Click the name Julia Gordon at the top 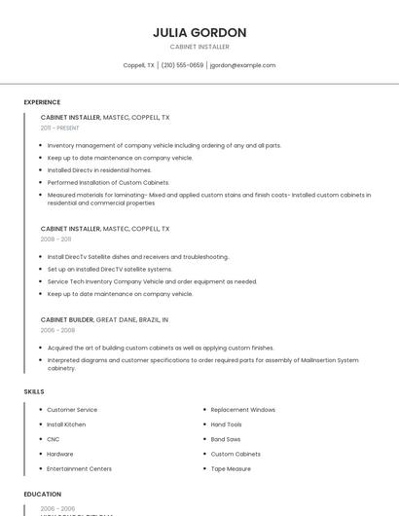[199, 32]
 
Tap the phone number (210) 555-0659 [182, 65]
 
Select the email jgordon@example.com [243, 65]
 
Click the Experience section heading [42, 102]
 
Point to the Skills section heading [34, 391]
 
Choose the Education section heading [43, 495]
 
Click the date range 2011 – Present [59, 128]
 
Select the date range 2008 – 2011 [55, 239]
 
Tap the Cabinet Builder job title [67, 319]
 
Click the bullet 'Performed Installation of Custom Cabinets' [108, 182]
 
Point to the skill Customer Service [72, 410]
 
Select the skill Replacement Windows [242, 410]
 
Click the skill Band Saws [226, 439]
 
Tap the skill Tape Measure [231, 468]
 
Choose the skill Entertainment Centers [79, 468]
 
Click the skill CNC [54, 439]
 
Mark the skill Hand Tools [226, 424]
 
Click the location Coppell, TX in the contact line [138, 65]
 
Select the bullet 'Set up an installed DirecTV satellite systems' [110, 269]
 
